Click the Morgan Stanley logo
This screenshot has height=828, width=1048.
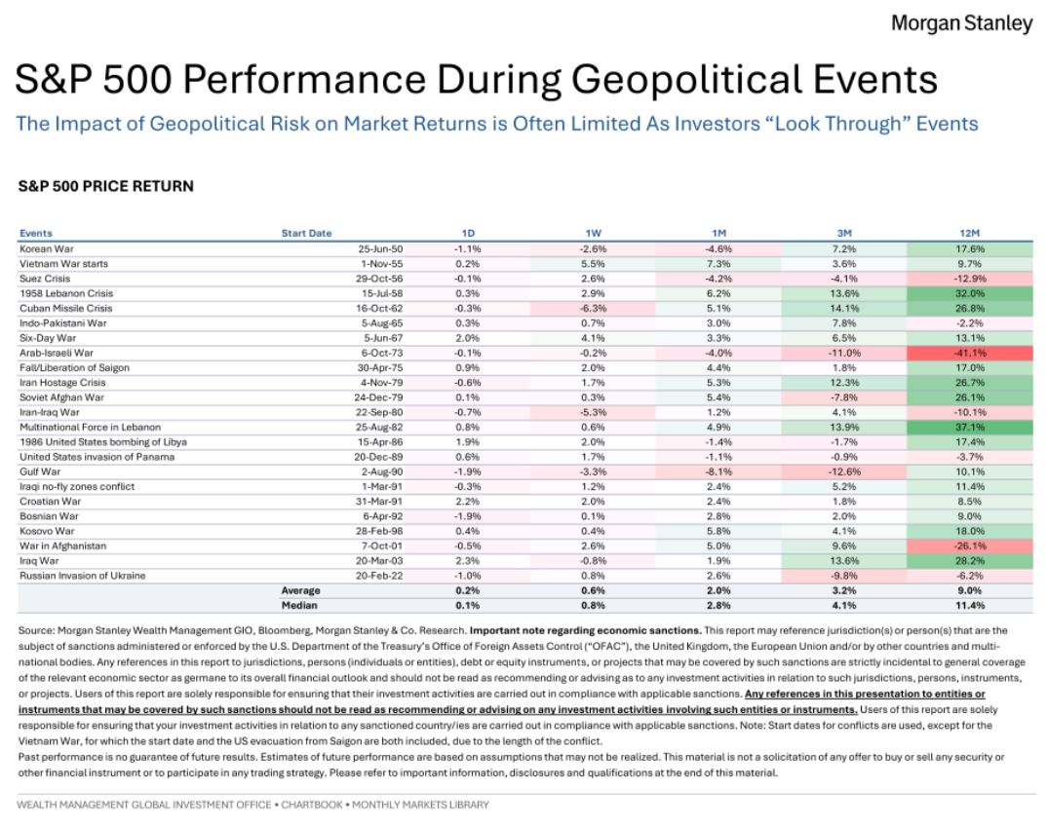[x=962, y=23]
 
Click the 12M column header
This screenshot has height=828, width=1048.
[x=969, y=233]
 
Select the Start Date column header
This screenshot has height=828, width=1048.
[x=306, y=233]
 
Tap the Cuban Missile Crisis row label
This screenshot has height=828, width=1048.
[x=65, y=309]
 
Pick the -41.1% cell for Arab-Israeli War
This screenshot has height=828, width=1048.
[x=969, y=353]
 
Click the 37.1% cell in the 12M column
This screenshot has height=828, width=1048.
[x=969, y=428]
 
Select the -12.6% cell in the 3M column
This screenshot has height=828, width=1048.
[x=844, y=471]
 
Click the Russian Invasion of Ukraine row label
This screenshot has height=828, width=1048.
[x=82, y=576]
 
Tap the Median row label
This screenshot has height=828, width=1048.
[x=299, y=605]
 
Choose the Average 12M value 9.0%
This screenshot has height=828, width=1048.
[x=969, y=590]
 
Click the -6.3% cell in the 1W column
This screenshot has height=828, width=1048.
[x=593, y=309]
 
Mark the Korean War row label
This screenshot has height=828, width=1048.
[x=46, y=249]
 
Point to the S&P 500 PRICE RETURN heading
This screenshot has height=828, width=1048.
[x=105, y=186]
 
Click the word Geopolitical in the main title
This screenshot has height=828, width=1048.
[x=686, y=80]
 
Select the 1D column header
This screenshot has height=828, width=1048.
[x=468, y=233]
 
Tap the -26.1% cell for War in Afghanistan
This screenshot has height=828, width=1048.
[x=969, y=546]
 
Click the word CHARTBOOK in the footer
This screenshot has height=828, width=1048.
[x=311, y=805]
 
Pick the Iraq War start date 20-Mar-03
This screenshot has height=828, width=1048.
[x=379, y=561]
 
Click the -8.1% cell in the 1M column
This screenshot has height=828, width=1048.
[x=718, y=471]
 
